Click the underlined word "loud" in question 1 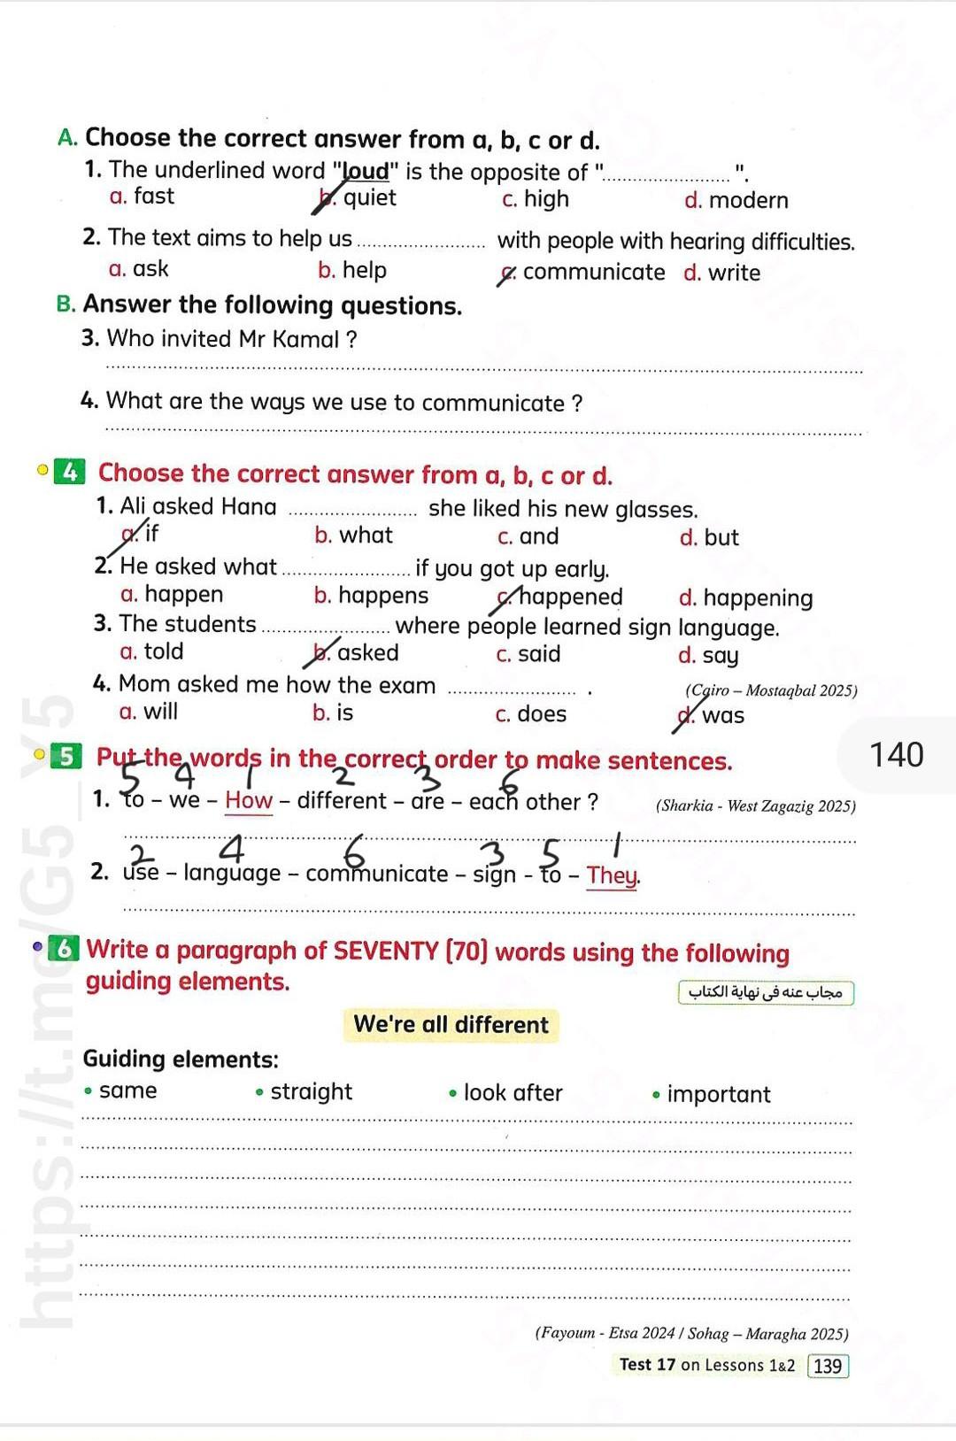pos(366,171)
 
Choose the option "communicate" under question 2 pos(593,273)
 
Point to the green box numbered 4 pos(69,473)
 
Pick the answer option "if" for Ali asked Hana pos(151,533)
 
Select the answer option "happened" pos(570,597)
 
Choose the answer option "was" pos(722,716)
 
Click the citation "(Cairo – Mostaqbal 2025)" pos(771,690)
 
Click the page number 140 pos(896,755)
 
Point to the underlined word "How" pos(249,801)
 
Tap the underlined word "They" pos(612,876)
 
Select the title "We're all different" pos(451,1025)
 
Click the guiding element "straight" pos(311,1092)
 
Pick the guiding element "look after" pos(513,1094)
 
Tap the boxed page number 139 pos(828,1366)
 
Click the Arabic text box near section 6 pos(766,992)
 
